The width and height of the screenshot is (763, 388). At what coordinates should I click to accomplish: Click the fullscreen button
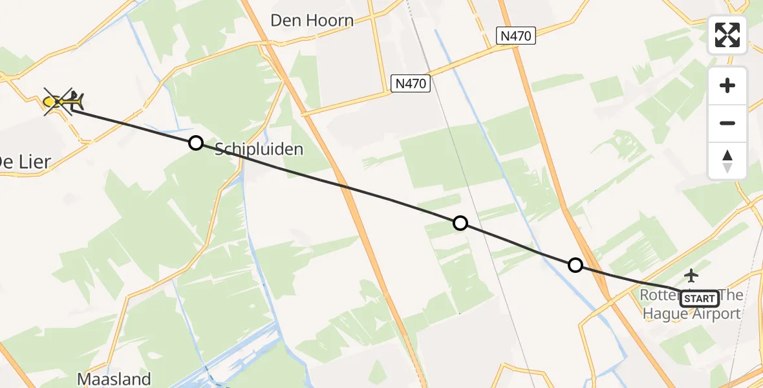coord(727,35)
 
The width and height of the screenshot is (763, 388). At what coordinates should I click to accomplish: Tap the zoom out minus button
coord(727,123)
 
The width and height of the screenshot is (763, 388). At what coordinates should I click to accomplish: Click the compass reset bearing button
coord(727,161)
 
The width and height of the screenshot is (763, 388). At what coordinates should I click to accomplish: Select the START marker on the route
coord(700,298)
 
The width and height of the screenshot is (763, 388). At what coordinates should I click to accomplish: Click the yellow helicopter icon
coord(63,102)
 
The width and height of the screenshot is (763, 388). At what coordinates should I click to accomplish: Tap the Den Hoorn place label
coord(312,21)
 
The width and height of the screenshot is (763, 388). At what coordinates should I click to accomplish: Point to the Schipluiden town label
coord(259,149)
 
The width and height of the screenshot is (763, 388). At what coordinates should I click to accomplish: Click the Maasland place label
coord(114,379)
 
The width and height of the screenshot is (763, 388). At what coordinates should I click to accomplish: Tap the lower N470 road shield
coord(411,83)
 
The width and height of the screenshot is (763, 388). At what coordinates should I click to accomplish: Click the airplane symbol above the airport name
coord(691,275)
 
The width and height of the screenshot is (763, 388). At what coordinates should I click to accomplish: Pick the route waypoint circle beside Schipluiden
coord(196,143)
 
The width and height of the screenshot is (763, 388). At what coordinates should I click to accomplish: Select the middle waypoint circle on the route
coord(460,223)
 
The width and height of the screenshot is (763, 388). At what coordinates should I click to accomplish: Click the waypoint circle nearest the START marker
coord(575,264)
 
